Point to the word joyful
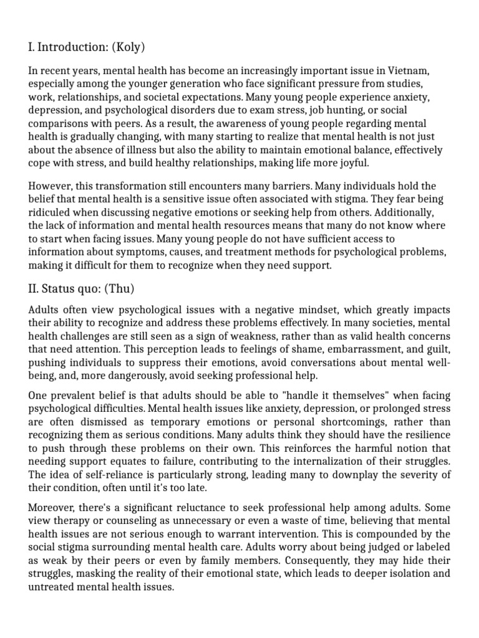pyautogui.click(x=351, y=163)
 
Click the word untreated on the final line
pyautogui.click(x=54, y=587)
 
